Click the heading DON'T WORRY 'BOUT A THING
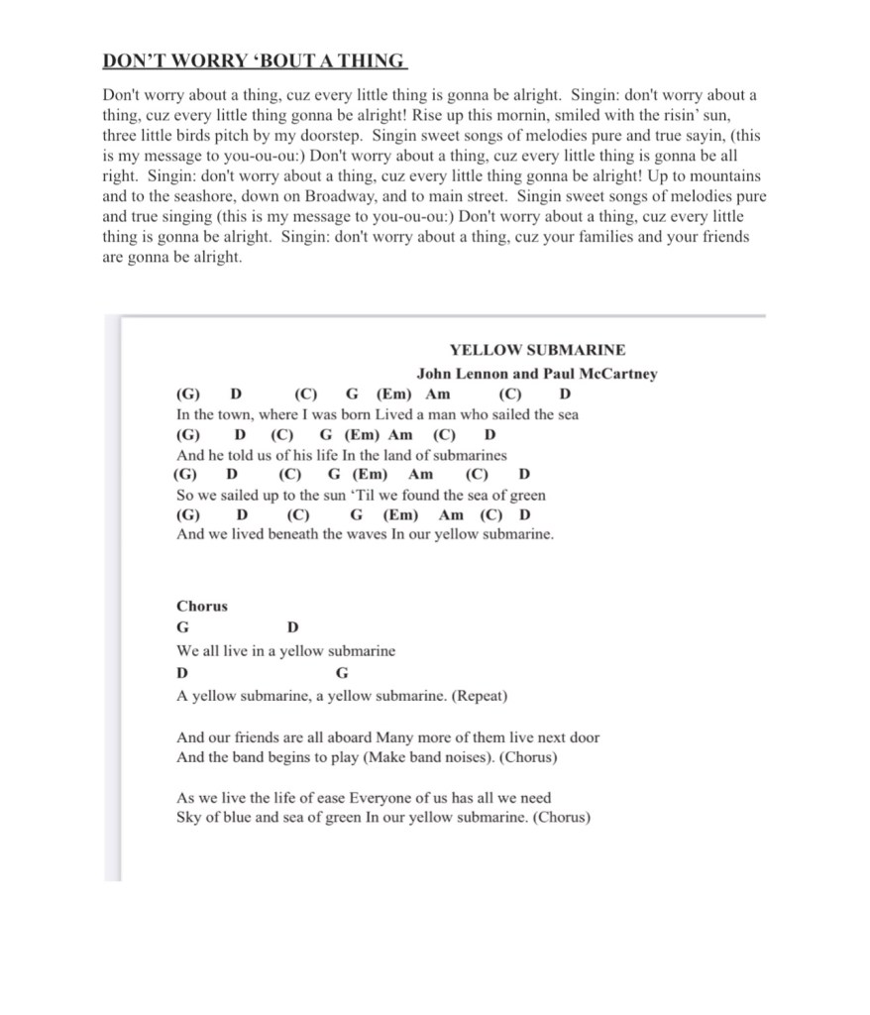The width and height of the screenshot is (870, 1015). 255,61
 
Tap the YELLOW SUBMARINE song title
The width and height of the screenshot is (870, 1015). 537,350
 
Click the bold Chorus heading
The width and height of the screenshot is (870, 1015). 202,606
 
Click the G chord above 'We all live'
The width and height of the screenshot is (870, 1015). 182,627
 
